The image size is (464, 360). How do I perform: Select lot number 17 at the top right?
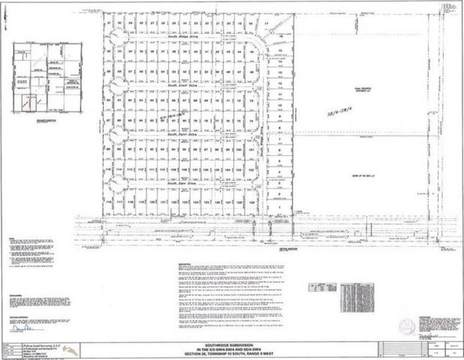pyautogui.click(x=266, y=24)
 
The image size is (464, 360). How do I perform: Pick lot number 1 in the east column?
pyautogui.click(x=279, y=207)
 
